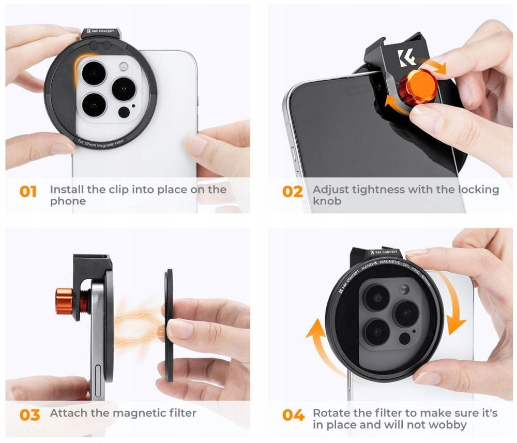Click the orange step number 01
(28, 191)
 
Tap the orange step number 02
(292, 191)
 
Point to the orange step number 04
(293, 415)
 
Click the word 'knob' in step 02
(327, 201)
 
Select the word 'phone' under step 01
(68, 201)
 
